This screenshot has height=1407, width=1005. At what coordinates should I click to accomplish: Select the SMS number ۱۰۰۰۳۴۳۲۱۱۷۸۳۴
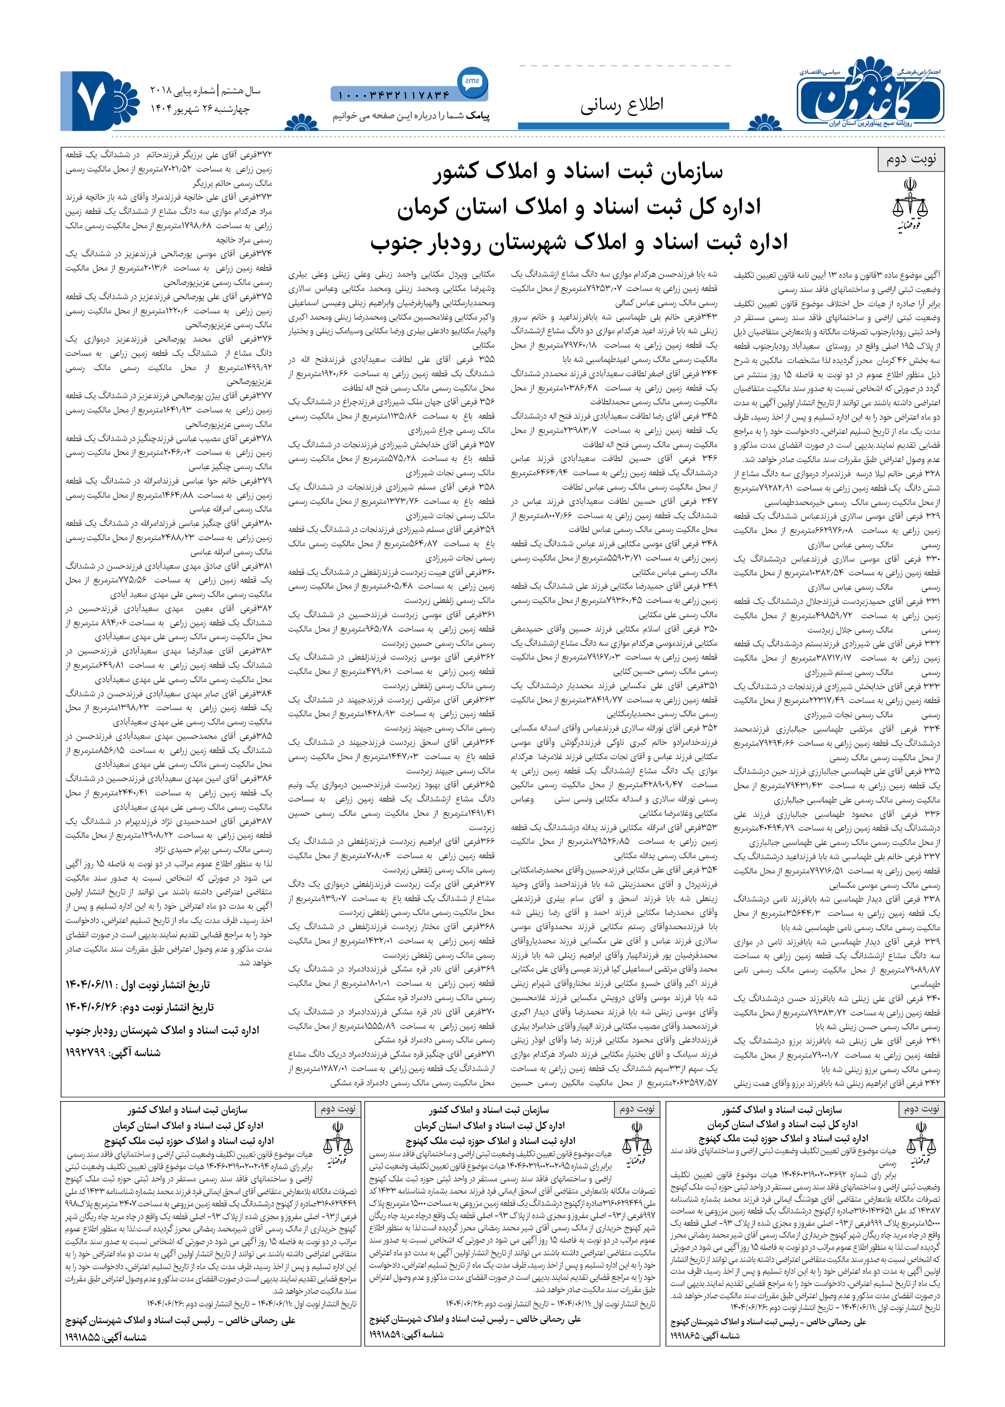click(394, 95)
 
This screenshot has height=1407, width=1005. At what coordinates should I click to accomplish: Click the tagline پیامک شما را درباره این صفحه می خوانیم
click(411, 116)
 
